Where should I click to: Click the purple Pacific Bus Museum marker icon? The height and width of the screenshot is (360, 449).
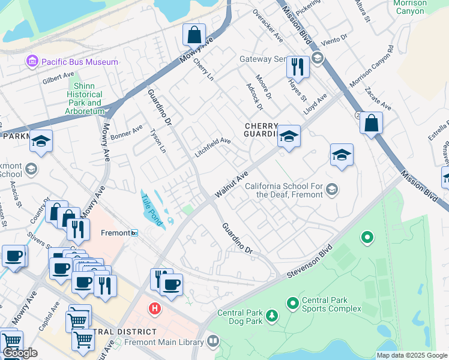click(30, 61)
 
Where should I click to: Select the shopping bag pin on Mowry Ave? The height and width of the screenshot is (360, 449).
click(194, 35)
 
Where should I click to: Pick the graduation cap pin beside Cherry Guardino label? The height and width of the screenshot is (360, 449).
click(289, 137)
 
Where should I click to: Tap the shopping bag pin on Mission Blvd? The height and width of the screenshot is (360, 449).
click(372, 124)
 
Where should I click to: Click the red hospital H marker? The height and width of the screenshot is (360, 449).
click(155, 308)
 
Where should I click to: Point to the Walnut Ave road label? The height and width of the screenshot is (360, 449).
click(232, 184)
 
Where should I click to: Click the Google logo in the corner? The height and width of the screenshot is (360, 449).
click(20, 353)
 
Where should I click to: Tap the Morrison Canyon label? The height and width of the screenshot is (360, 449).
click(409, 7)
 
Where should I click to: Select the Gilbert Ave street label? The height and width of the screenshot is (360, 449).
click(58, 79)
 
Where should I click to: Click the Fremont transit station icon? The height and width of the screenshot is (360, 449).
click(134, 233)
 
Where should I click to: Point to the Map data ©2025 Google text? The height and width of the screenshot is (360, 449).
click(411, 355)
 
